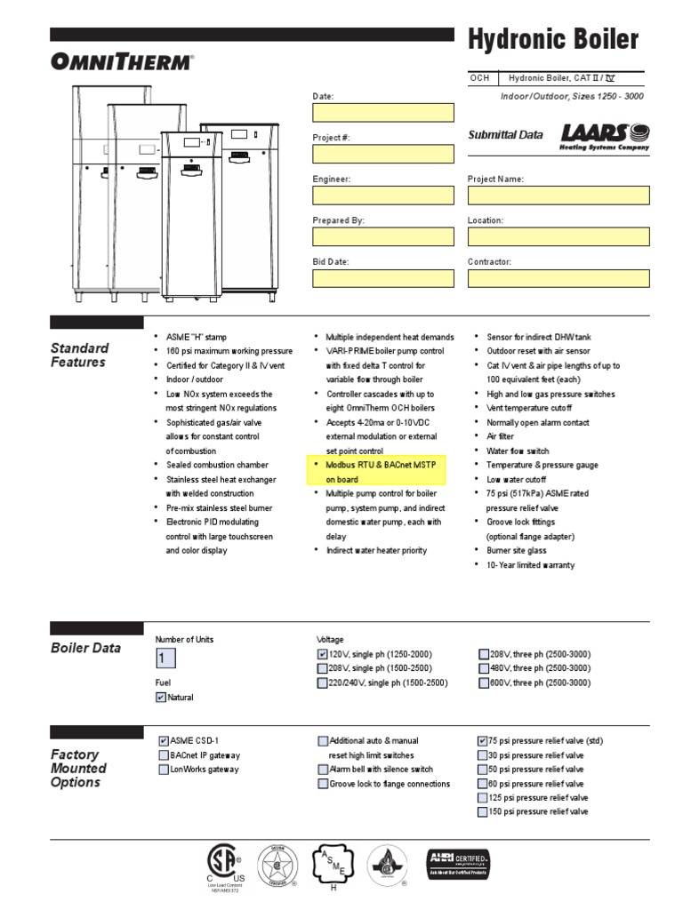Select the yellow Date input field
point(382,113)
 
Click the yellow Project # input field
point(382,154)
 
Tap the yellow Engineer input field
point(382,196)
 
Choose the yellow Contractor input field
point(558,279)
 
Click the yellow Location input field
point(558,236)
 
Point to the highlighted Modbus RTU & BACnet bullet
point(381,472)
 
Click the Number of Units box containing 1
point(165,659)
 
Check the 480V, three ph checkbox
point(484,668)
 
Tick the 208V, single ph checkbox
point(322,668)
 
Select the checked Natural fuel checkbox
point(161,698)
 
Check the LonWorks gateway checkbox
point(164,770)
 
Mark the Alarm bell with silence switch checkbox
point(323,770)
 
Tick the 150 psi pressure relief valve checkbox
point(483,812)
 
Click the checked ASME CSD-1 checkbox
point(164,740)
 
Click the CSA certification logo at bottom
point(222,865)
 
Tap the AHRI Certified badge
point(459,862)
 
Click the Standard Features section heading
point(79,355)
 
